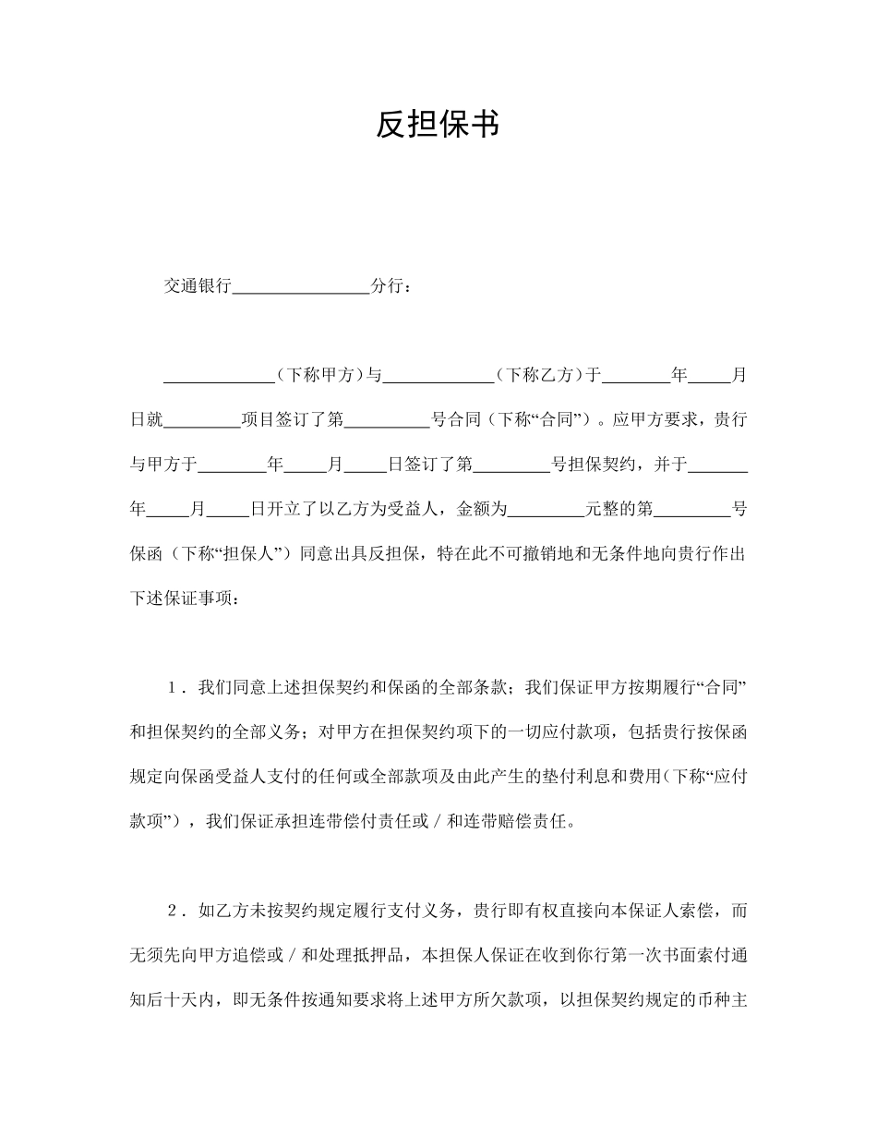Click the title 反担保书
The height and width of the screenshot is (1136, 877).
tap(438, 125)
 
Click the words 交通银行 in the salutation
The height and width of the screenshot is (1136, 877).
tap(198, 286)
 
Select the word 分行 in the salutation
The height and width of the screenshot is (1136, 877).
tap(386, 286)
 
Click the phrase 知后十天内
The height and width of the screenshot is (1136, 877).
tap(172, 1000)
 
